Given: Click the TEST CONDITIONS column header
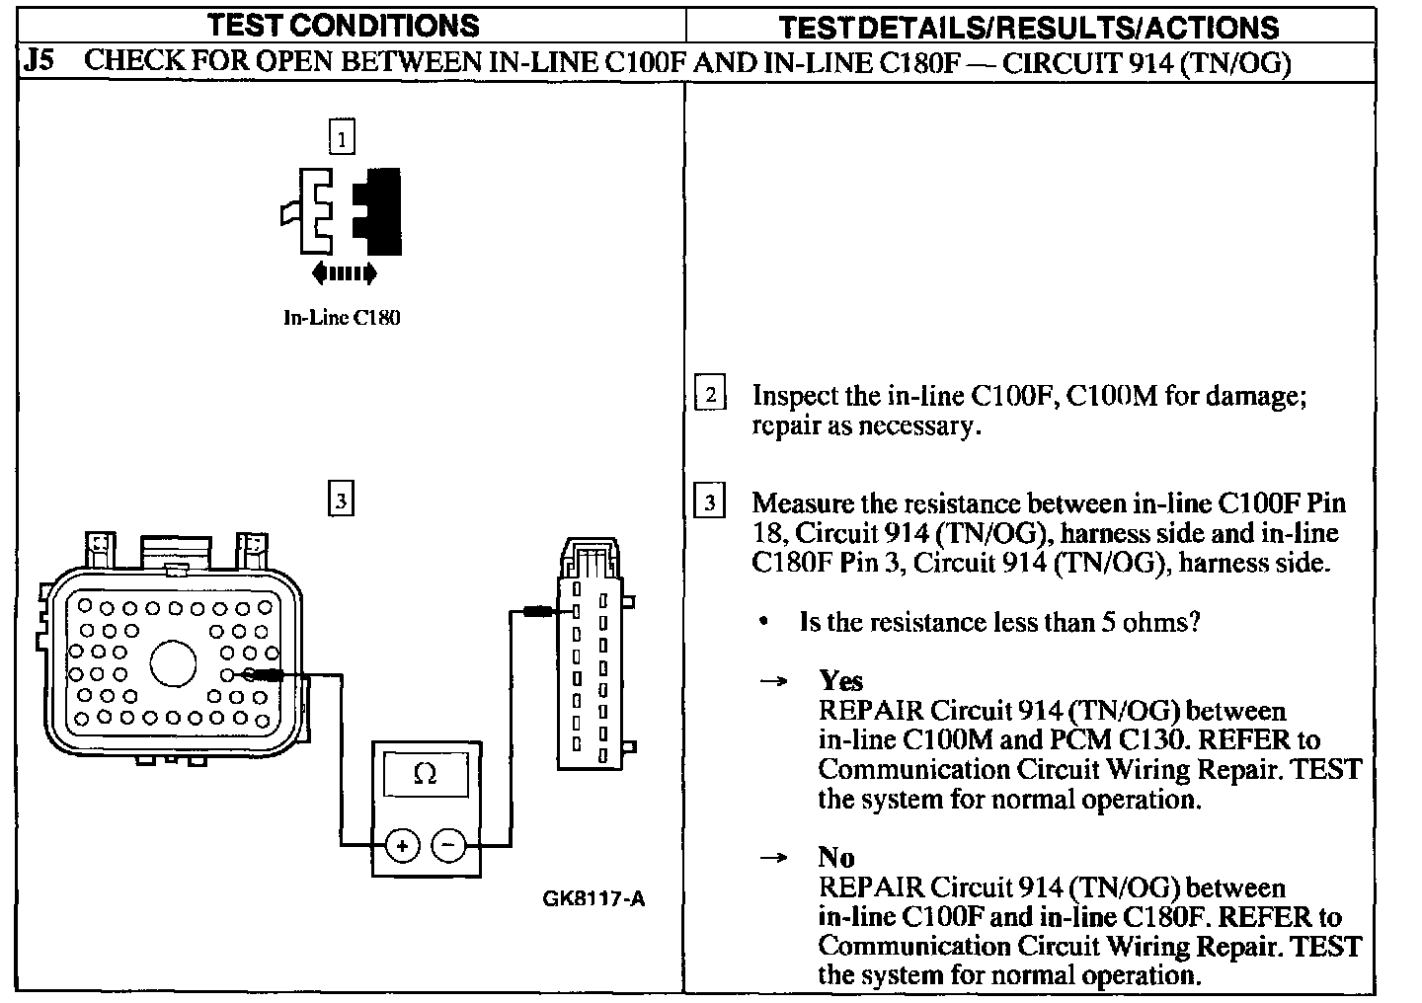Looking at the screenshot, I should pyautogui.click(x=343, y=25).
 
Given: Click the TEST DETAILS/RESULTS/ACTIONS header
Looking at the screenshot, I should pyautogui.click(x=1030, y=27).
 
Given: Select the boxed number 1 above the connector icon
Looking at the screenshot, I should pyautogui.click(x=341, y=139).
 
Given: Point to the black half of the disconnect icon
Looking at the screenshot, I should pyautogui.click(x=380, y=210).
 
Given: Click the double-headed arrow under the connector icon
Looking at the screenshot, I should pyautogui.click(x=343, y=271).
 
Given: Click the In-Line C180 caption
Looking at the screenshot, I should pyautogui.click(x=342, y=318).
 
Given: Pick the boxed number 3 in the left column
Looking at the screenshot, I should pyautogui.click(x=340, y=501).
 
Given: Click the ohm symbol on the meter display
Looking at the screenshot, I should pyautogui.click(x=425, y=775).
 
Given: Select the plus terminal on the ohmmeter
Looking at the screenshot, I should pyautogui.click(x=402, y=845).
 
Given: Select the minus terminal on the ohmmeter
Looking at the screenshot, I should pyautogui.click(x=448, y=845).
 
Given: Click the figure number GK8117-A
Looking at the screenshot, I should pyautogui.click(x=593, y=898).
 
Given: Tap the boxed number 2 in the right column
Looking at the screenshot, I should pyautogui.click(x=710, y=395).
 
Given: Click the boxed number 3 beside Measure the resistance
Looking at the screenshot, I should pyautogui.click(x=710, y=502).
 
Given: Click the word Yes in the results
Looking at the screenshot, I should pyautogui.click(x=840, y=680).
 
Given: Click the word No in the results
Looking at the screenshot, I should pyautogui.click(x=836, y=857).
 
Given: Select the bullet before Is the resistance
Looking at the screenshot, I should pyautogui.click(x=764, y=623).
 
